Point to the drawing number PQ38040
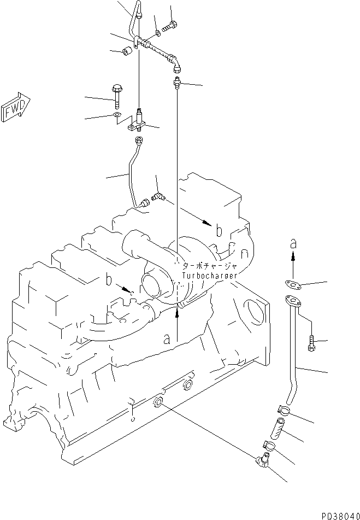[337, 515]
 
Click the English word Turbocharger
[210, 276]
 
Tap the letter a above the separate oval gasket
[293, 242]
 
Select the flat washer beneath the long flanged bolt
[116, 115]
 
